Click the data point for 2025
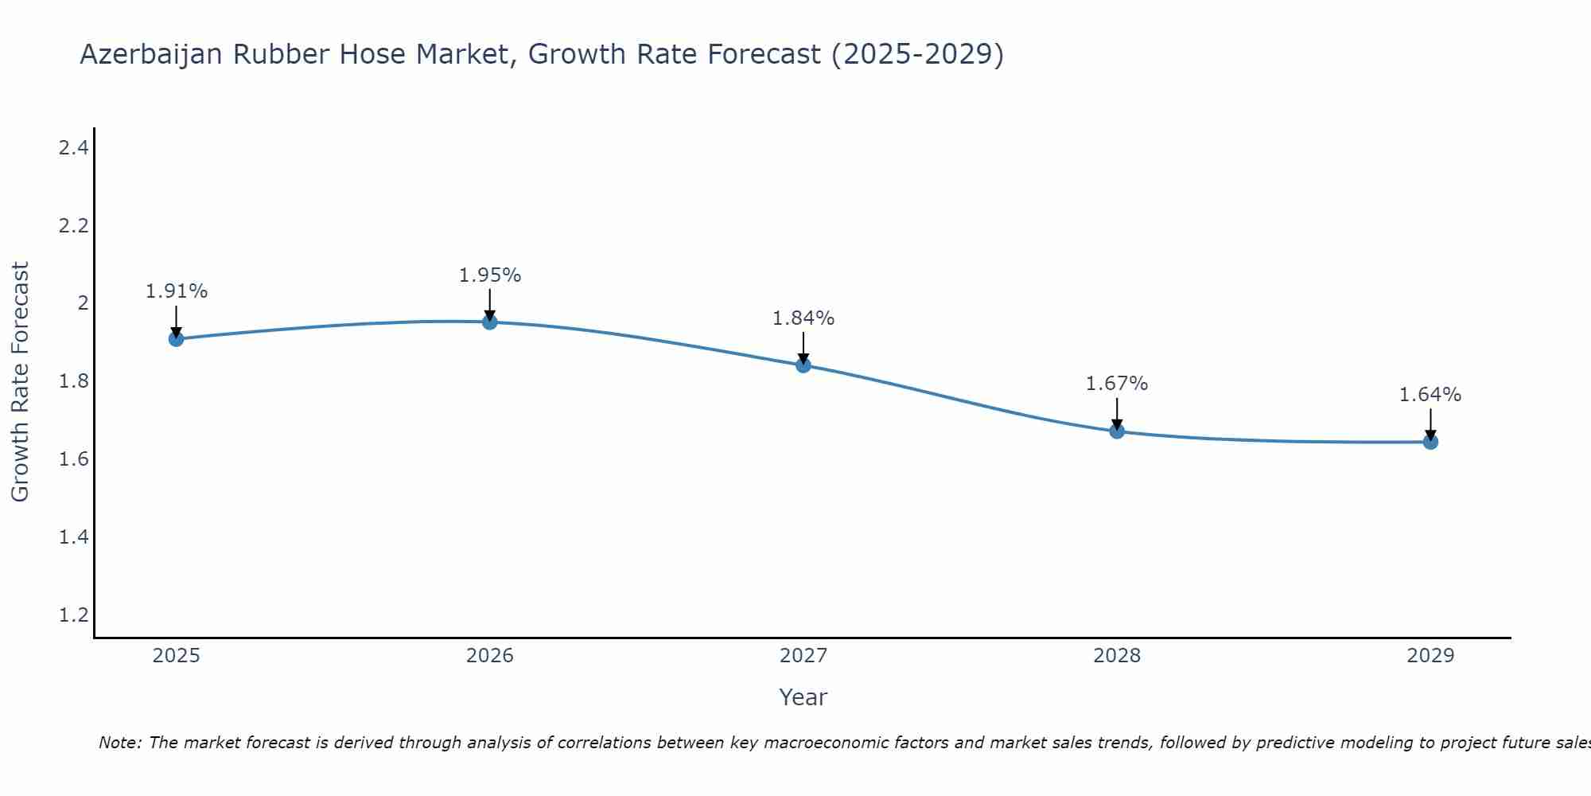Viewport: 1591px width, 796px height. [176, 339]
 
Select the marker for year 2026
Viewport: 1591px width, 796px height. [490, 322]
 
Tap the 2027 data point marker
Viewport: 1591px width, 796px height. [803, 365]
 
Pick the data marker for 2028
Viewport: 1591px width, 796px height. [1117, 431]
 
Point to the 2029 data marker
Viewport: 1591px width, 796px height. [1430, 442]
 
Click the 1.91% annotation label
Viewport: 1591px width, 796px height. [176, 291]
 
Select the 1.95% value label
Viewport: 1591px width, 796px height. [490, 275]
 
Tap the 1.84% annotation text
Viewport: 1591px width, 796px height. [803, 318]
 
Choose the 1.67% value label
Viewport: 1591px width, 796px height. [1117, 384]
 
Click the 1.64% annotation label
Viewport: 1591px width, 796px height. [1430, 395]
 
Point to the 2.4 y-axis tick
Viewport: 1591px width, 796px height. [73, 147]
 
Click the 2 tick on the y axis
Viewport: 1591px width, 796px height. [83, 302]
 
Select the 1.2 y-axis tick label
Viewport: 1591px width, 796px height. [73, 615]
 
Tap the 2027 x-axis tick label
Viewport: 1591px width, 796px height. [803, 656]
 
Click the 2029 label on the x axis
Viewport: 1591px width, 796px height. [1430, 656]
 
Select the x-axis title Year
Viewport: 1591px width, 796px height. [803, 697]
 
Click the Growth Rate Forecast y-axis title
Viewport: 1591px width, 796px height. [20, 382]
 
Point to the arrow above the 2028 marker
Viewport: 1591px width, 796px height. [1117, 412]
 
